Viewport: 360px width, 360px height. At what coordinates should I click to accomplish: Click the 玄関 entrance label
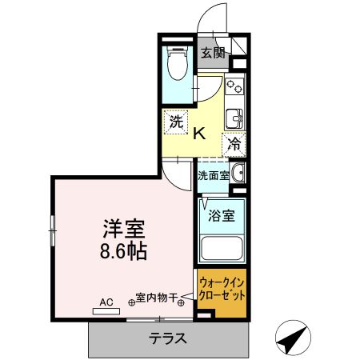[x=212, y=54]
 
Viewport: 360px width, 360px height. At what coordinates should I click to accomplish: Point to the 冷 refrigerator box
[x=234, y=144]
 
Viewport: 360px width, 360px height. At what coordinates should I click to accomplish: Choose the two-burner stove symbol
[x=234, y=86]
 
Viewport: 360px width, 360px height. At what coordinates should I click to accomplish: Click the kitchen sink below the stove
[x=234, y=118]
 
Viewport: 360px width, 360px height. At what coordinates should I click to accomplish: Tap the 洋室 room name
[x=124, y=227]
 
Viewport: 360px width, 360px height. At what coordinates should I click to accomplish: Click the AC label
[x=106, y=302]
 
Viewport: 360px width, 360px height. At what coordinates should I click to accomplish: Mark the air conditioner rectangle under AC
[x=106, y=311]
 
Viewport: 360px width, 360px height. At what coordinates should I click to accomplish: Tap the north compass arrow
[x=293, y=339]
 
